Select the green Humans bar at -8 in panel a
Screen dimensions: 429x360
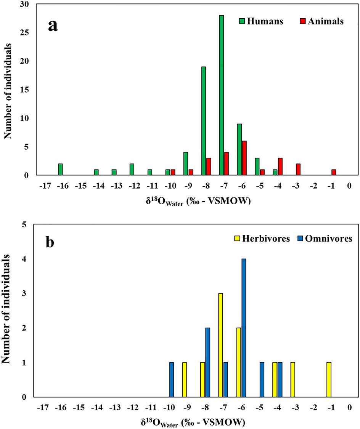click(204, 121)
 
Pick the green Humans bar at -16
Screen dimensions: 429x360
click(61, 170)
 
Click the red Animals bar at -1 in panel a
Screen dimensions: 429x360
click(334, 172)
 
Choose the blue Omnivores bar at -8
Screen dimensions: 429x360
click(207, 362)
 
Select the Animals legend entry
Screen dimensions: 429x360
click(322, 21)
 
